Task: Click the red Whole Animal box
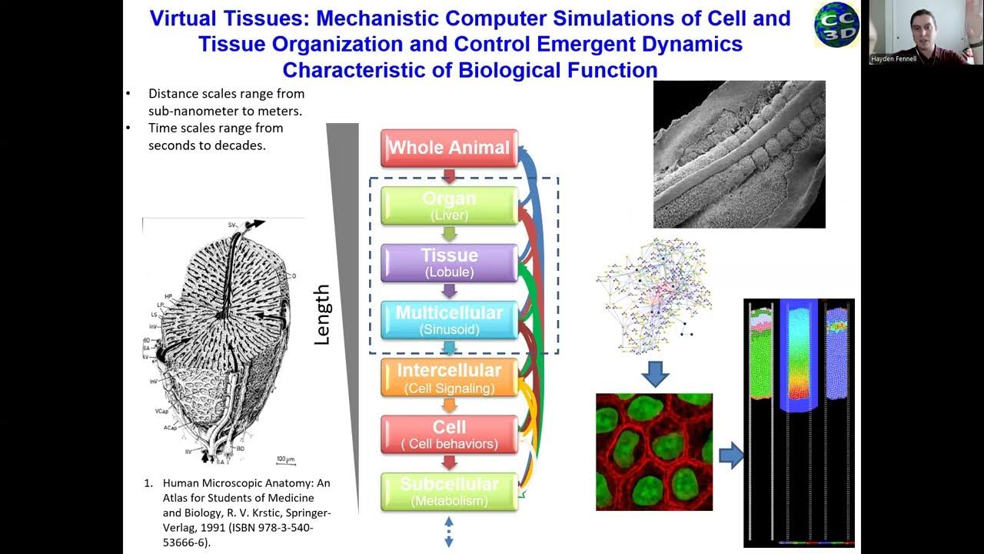tap(449, 148)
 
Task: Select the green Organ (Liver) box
tap(449, 205)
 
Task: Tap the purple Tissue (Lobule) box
tap(449, 262)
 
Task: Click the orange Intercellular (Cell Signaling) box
tap(449, 378)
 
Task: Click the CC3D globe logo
tap(836, 25)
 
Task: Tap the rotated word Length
tap(322, 314)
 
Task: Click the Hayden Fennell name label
tap(893, 58)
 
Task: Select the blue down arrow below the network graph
tap(654, 375)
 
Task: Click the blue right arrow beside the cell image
tap(730, 456)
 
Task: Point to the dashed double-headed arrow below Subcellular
tap(449, 532)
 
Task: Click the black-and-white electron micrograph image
tap(739, 154)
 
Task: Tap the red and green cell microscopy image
tap(654, 452)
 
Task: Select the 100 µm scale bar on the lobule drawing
tap(285, 460)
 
